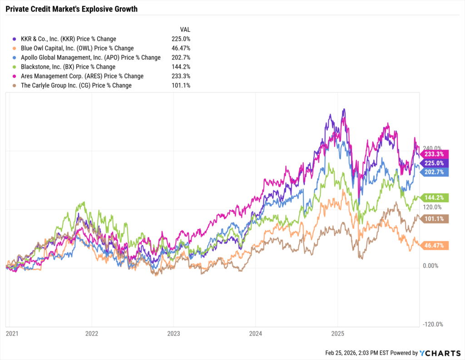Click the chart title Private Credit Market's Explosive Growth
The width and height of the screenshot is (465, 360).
72,9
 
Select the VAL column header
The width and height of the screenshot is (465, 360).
185,30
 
